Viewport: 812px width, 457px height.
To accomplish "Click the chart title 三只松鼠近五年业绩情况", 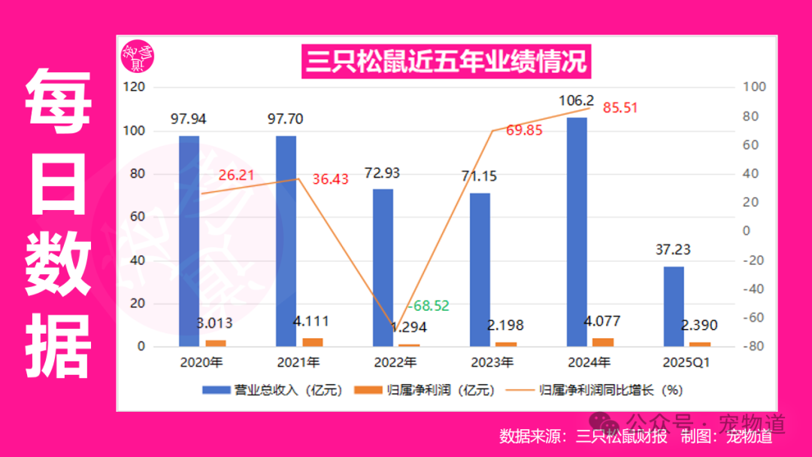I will (x=446, y=61).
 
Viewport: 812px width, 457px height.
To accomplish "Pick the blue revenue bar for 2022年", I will (x=383, y=267).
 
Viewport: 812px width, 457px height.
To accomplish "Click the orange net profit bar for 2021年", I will (x=308, y=343).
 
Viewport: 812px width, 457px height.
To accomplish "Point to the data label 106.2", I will (x=577, y=101).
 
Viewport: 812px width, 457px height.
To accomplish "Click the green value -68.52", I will (x=428, y=306).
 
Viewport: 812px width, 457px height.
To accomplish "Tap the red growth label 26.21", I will (x=237, y=175).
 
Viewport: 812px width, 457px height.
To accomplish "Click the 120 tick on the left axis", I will (x=135, y=87).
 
